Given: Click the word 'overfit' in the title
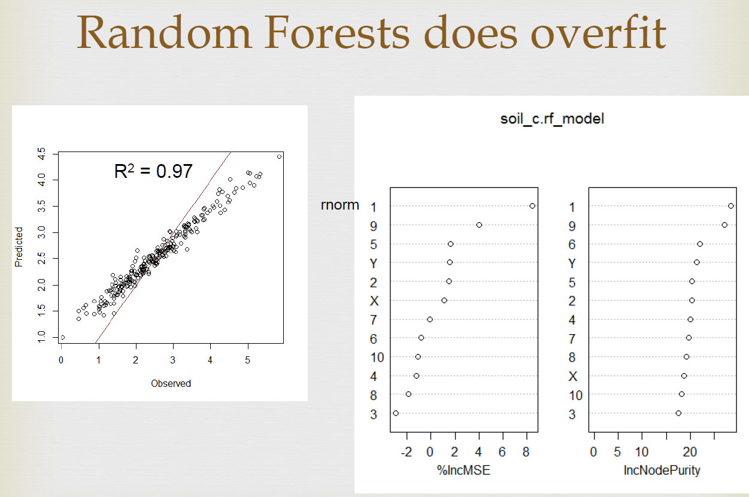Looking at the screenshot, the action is (598, 33).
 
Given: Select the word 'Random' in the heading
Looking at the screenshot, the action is (164, 33).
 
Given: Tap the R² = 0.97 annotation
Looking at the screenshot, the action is (153, 171).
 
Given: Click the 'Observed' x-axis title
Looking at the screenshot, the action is (171, 383).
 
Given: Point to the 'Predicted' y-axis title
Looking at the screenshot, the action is (19, 247).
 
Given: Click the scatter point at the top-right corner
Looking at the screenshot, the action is (279, 156).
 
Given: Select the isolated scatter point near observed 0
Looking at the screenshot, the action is (62, 338).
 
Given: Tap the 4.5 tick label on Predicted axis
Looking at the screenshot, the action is (41, 154).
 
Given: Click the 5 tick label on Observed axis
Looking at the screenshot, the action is (247, 360).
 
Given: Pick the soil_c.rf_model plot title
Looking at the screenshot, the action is (552, 119).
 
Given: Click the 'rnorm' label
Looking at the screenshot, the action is (339, 205).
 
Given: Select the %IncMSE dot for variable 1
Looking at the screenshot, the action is (532, 206).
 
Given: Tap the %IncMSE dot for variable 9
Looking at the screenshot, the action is (479, 225).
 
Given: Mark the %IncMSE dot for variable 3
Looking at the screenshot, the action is (396, 413).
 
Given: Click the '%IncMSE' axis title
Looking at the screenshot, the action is (463, 470).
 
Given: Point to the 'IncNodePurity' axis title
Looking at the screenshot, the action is (662, 470).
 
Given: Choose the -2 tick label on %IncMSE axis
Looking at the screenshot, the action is (407, 452).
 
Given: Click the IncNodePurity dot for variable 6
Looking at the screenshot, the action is (700, 244).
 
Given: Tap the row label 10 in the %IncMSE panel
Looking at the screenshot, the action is (377, 357).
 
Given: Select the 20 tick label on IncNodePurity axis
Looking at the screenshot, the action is (690, 452).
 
